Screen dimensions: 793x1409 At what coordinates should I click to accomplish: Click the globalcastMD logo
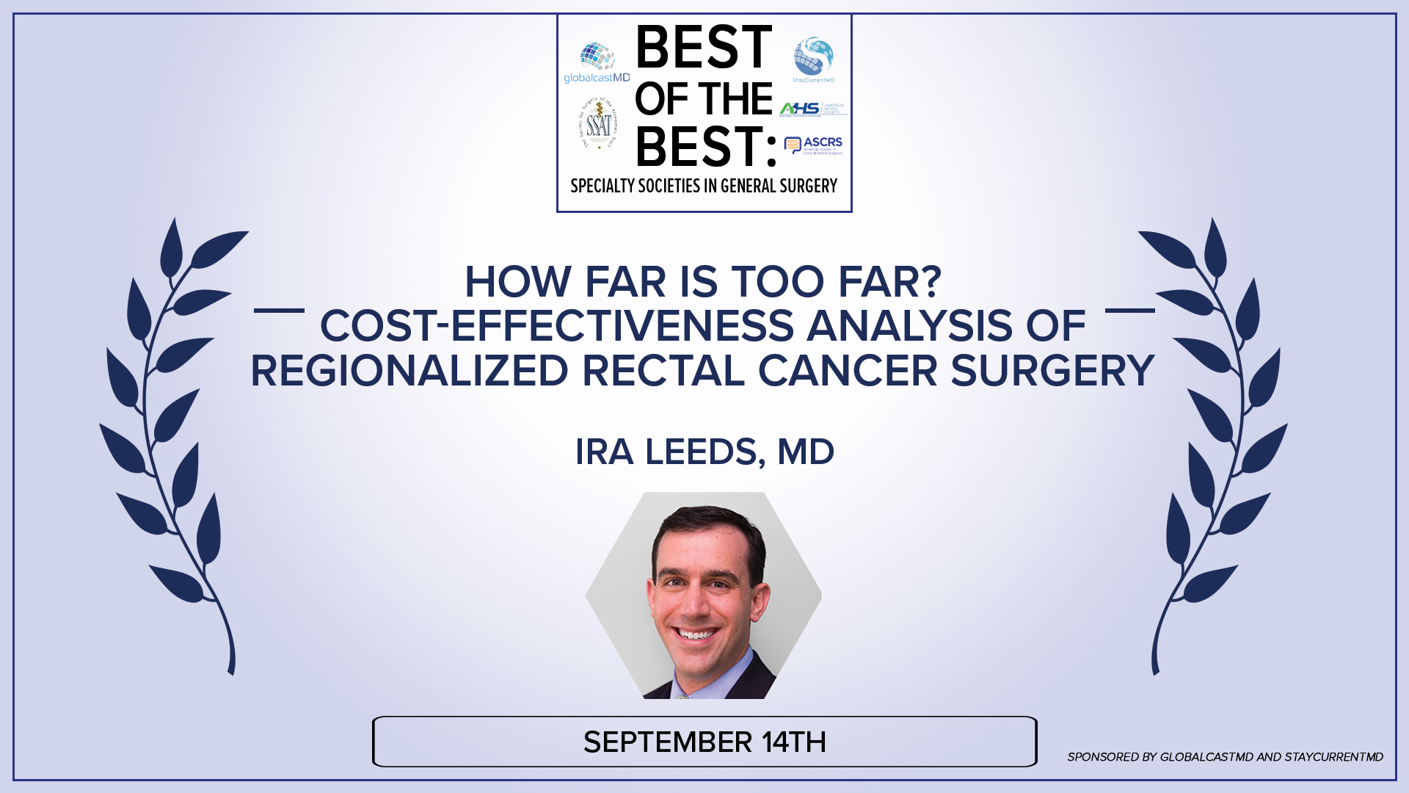pyautogui.click(x=596, y=63)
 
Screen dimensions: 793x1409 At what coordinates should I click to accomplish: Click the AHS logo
pyautogui.click(x=812, y=109)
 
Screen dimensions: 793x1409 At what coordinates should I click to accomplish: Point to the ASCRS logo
pyautogui.click(x=813, y=145)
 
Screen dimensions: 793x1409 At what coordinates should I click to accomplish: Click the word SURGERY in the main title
pyautogui.click(x=1052, y=371)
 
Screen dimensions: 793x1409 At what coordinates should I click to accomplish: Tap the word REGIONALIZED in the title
pyautogui.click(x=409, y=371)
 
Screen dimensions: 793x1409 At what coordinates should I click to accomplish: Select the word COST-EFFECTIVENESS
pyautogui.click(x=557, y=326)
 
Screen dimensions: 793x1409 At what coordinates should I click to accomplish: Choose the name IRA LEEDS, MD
pyautogui.click(x=704, y=452)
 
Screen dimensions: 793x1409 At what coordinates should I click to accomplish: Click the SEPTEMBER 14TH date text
pyautogui.click(x=704, y=742)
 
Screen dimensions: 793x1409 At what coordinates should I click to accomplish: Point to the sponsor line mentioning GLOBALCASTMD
pyautogui.click(x=1225, y=757)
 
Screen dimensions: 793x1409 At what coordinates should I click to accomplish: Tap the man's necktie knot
pyautogui.click(x=683, y=693)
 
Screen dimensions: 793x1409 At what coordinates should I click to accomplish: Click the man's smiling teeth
pyautogui.click(x=695, y=634)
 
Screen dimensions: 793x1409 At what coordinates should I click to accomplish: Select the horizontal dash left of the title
pyautogui.click(x=279, y=311)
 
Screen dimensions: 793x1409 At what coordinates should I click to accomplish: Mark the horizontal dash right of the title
pyautogui.click(x=1130, y=311)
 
